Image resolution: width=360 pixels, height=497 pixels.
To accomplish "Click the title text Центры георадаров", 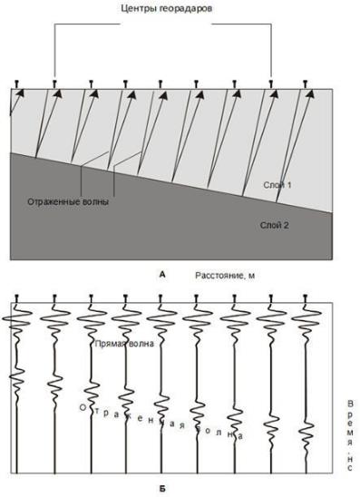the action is click(166, 8).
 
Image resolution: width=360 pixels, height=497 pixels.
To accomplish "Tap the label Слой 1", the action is click(277, 185).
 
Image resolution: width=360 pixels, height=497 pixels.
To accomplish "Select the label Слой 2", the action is click(275, 225).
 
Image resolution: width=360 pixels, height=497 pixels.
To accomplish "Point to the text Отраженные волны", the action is click(68, 202).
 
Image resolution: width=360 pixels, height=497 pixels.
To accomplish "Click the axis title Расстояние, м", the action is click(225, 276).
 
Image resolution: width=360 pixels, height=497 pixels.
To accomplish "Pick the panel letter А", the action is click(162, 275).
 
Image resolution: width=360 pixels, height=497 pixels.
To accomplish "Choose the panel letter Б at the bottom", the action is click(162, 489).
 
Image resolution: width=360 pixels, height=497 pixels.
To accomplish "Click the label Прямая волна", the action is click(124, 344).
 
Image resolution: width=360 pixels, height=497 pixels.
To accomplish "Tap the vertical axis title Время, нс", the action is click(350, 435).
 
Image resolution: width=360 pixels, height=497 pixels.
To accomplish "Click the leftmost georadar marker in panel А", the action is click(16, 84).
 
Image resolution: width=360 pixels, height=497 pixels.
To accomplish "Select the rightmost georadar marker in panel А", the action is click(306, 84).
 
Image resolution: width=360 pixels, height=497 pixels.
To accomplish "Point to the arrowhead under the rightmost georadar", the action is click(310, 93).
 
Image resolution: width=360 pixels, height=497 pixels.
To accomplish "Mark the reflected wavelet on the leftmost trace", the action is click(16, 380).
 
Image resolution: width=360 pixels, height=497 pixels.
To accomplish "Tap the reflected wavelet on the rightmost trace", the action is click(306, 434).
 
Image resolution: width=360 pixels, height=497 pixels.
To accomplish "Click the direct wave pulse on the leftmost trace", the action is click(16, 319).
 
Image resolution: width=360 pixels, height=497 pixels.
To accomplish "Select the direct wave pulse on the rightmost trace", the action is click(306, 319).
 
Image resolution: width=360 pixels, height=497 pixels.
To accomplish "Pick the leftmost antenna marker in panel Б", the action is click(16, 298).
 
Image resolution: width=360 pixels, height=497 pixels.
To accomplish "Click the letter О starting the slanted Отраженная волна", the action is click(83, 407).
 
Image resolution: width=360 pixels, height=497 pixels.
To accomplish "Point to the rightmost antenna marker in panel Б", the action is click(306, 298).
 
